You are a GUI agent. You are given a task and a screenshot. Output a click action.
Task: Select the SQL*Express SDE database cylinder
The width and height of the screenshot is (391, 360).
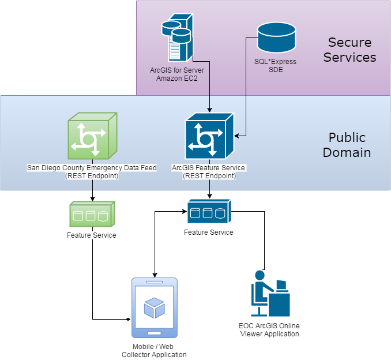point(276,37)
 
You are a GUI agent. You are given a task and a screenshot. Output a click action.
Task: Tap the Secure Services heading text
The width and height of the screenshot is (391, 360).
point(349,50)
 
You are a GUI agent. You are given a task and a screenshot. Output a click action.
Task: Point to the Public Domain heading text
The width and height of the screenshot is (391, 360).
point(347,145)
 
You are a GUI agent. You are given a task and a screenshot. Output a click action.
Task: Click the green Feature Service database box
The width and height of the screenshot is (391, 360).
point(92,215)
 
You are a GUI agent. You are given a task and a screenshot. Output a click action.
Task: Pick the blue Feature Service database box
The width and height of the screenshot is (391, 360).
point(208,212)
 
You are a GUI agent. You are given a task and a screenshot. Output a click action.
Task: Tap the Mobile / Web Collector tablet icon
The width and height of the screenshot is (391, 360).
point(154,307)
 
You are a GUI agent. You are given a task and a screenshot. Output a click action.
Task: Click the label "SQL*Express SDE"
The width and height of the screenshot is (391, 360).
point(276,65)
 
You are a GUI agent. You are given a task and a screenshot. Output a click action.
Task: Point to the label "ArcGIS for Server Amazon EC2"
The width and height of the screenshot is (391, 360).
point(176,74)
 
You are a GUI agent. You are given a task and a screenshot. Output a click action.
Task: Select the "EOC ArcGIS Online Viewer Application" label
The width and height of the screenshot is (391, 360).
point(269,329)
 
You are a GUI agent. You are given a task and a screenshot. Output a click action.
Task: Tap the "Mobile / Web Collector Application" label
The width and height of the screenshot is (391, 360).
point(154,350)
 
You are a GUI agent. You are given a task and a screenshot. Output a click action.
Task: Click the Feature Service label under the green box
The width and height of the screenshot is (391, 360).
point(92,235)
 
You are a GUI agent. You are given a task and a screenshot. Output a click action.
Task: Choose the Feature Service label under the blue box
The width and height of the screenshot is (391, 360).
point(208,232)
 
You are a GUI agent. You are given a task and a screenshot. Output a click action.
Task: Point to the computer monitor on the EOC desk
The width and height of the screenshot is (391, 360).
point(281,285)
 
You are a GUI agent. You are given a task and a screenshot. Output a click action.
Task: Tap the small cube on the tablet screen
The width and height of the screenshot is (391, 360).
point(154,307)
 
